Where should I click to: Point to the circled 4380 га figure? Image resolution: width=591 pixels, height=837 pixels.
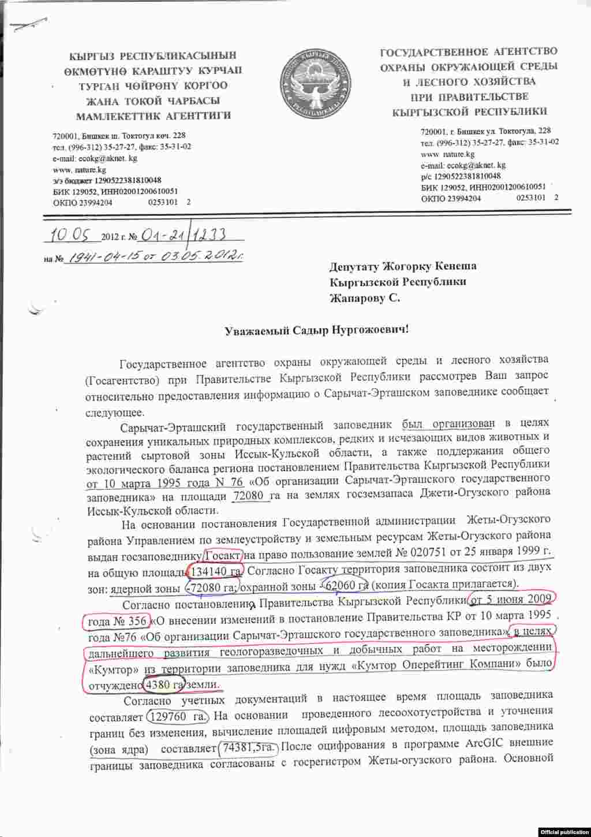click(163, 684)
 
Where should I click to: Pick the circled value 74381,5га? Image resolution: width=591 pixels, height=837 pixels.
click(249, 748)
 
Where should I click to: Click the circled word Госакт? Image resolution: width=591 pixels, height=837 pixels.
click(223, 556)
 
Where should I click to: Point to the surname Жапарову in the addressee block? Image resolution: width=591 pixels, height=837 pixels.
click(357, 299)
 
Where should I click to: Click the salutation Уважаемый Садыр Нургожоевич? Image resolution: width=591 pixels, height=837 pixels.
click(316, 330)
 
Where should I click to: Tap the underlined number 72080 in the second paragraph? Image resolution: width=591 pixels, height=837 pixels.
click(252, 496)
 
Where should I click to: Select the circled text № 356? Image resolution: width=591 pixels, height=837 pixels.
click(127, 622)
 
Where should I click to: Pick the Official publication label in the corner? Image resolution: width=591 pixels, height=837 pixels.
click(564, 831)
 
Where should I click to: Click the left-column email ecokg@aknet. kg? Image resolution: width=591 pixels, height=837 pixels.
click(95, 158)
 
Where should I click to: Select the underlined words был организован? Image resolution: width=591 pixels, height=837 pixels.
click(448, 423)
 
